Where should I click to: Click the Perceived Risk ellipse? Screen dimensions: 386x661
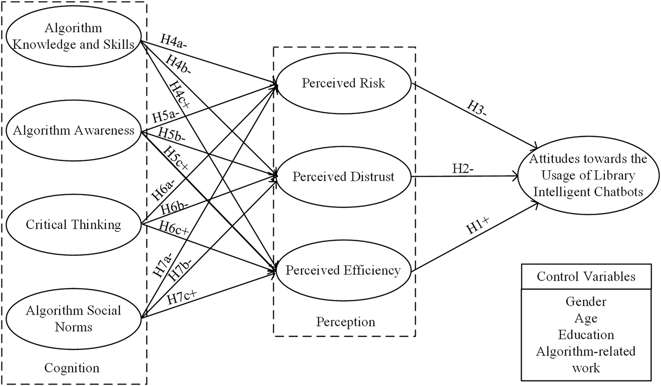click(x=344, y=83)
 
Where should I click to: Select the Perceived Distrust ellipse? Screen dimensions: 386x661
click(x=344, y=177)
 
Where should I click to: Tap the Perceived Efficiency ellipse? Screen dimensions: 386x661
click(x=344, y=270)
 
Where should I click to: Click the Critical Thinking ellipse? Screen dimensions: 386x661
click(x=73, y=225)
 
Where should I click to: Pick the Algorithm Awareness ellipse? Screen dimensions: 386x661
click(x=73, y=130)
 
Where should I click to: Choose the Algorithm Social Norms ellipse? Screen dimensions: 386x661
click(x=73, y=318)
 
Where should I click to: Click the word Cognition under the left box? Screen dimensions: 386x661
click(x=72, y=367)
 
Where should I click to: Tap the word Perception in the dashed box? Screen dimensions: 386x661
click(x=346, y=322)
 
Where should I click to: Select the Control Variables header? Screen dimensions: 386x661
click(x=586, y=276)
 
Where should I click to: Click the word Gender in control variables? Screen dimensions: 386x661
click(x=586, y=302)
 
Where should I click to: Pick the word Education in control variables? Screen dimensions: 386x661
click(x=586, y=335)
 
